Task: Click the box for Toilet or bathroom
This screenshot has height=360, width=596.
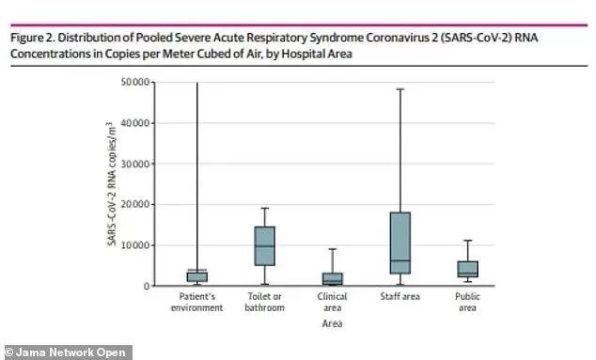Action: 264,246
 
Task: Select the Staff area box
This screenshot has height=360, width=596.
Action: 400,243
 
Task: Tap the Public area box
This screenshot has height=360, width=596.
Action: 467,269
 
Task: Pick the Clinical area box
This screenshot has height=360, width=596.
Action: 333,278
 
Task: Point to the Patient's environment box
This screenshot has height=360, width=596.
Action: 196,276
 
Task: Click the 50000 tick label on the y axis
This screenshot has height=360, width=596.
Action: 135,82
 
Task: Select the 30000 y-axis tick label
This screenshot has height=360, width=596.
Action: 135,164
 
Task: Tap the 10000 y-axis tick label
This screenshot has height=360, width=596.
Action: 135,245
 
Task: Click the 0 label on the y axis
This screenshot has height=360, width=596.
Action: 147,287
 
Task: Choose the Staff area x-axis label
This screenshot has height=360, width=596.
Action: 400,296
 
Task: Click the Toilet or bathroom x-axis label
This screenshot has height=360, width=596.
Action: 264,302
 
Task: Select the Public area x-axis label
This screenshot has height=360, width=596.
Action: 467,302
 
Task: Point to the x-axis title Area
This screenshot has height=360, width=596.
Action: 332,323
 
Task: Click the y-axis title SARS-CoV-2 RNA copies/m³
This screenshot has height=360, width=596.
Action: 111,184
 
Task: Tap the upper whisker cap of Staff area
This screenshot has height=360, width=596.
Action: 400,89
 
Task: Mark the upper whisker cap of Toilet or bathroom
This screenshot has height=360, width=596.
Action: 264,209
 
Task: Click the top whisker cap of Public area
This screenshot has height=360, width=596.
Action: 467,241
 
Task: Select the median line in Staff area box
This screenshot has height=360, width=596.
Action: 400,260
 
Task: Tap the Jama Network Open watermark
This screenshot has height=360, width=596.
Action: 68,352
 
